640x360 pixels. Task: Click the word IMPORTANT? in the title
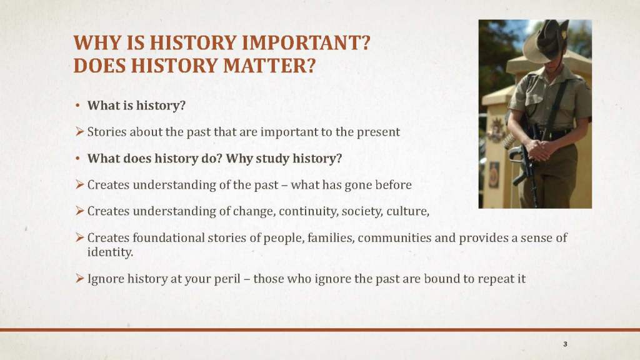pyautogui.click(x=307, y=42)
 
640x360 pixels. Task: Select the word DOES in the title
pyautogui.click(x=99, y=65)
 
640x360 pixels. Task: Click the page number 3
pyautogui.click(x=565, y=344)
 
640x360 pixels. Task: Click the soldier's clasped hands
pyautogui.click(x=539, y=149)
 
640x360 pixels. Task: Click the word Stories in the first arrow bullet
pyautogui.click(x=107, y=132)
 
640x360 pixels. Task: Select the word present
pyautogui.click(x=378, y=132)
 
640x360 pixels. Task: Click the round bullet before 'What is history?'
pyautogui.click(x=77, y=106)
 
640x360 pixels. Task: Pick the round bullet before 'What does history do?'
pyautogui.click(x=77, y=159)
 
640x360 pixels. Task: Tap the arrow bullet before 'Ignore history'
pyautogui.click(x=79, y=278)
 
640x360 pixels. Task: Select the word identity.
pyautogui.click(x=110, y=252)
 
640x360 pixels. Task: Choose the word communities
pyautogui.click(x=394, y=237)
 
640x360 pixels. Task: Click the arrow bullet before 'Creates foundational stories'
pyautogui.click(x=79, y=237)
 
